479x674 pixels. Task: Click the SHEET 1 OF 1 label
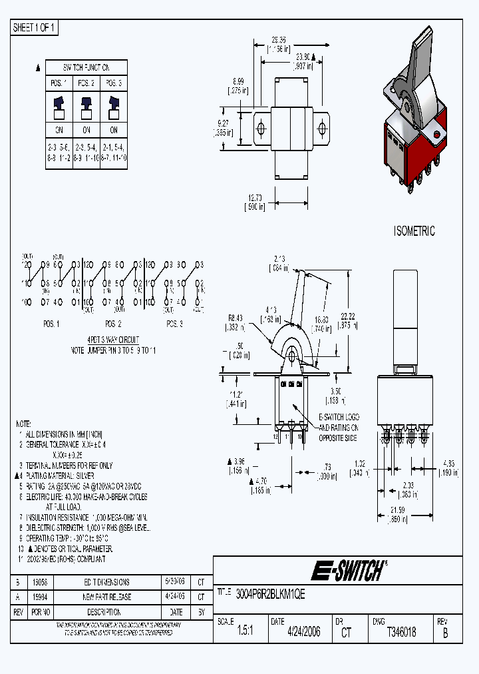(x=35, y=28)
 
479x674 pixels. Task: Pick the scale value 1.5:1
(x=246, y=632)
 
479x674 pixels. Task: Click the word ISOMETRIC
(x=414, y=231)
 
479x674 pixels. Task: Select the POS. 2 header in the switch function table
(x=86, y=83)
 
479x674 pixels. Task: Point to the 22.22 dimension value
(x=365, y=316)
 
